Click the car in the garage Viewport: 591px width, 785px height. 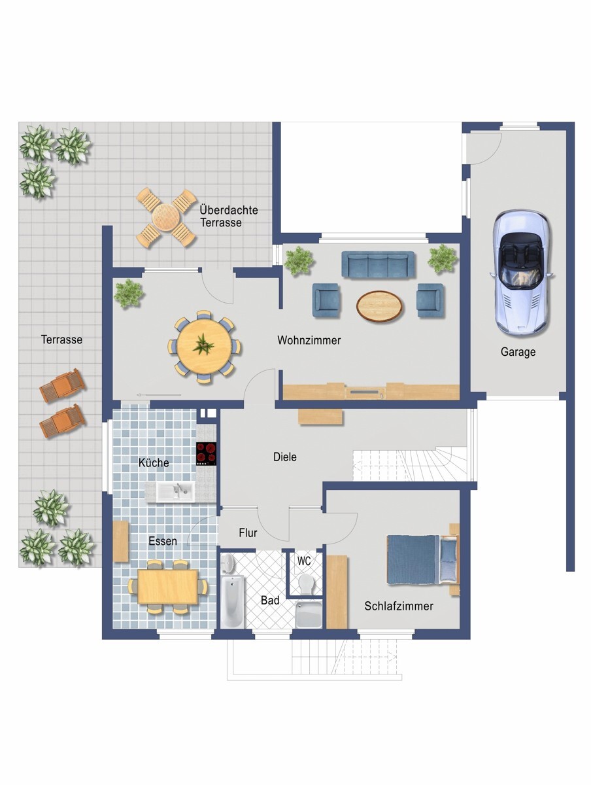522,273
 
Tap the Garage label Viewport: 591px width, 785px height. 518,352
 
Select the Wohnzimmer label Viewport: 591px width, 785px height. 309,340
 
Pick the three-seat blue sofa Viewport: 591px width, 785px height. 378,264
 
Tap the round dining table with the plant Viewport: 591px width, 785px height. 204,347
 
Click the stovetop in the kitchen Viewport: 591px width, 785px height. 206,454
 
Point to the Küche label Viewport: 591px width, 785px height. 154,462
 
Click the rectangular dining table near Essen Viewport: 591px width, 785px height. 167,587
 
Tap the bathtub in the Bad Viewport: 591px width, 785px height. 232,601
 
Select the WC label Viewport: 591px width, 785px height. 304,561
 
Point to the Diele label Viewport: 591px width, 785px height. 285,457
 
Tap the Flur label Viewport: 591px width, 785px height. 248,533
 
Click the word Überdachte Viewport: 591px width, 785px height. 229,209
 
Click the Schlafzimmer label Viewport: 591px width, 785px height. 399,606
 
